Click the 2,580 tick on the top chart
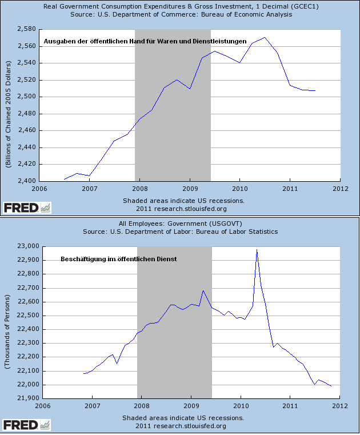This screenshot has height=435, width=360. tap(26, 29)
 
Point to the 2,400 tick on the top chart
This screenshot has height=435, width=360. tap(26, 181)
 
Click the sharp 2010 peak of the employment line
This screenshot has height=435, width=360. tap(257, 250)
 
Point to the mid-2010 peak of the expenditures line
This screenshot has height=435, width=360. tap(264, 38)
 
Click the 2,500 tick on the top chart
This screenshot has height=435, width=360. tap(26, 96)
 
